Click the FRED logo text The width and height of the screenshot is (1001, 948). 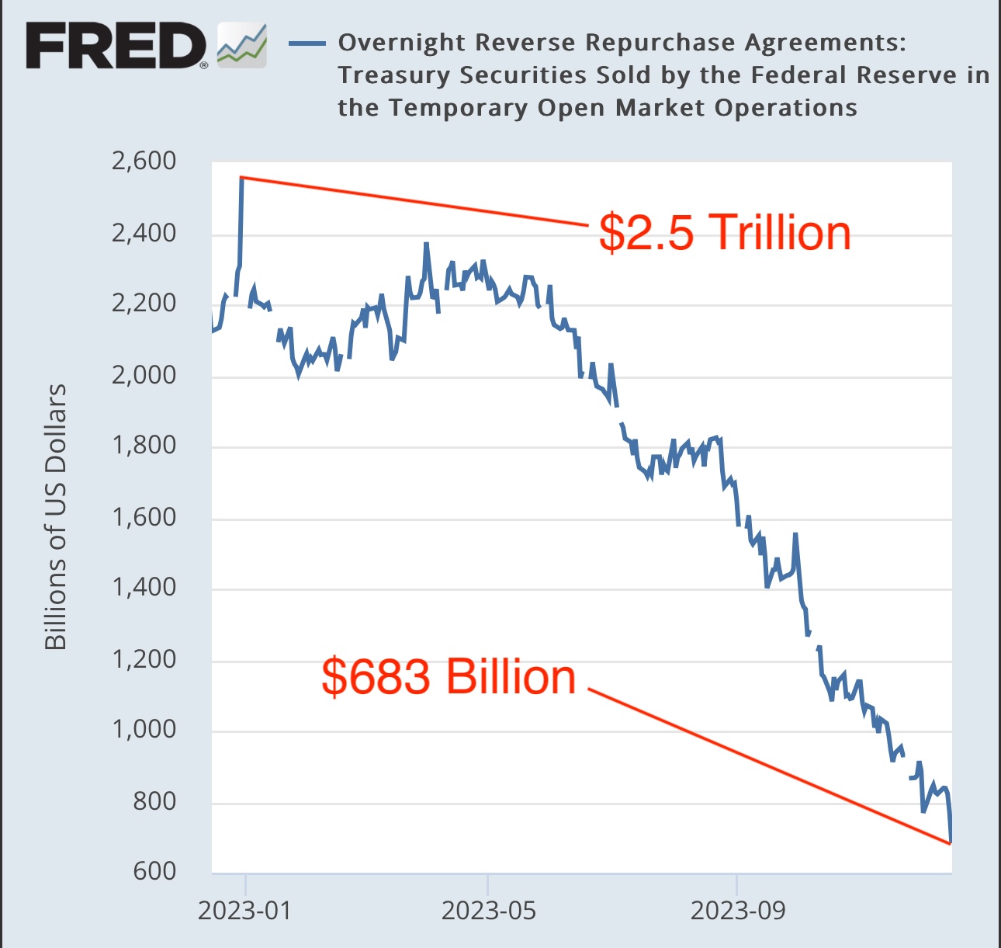click(116, 45)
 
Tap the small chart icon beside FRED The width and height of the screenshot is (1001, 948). click(242, 45)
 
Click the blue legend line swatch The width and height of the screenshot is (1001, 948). click(307, 43)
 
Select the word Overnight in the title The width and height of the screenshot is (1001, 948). click(401, 43)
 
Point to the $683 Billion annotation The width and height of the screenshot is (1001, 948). click(449, 676)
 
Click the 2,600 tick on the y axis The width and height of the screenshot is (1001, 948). click(144, 161)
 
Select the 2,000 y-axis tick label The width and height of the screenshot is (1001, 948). click(144, 375)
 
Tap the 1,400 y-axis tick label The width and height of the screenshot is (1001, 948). click(144, 587)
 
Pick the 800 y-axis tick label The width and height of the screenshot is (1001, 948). click(154, 800)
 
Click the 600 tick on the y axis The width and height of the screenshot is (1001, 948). click(154, 871)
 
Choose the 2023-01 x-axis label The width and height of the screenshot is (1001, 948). click(244, 910)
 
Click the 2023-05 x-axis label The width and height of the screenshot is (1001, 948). click(488, 910)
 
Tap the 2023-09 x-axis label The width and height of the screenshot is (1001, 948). click(737, 910)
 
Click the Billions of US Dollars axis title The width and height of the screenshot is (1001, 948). click(55, 516)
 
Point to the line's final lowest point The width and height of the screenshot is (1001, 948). click(951, 842)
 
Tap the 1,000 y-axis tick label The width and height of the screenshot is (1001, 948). click(144, 730)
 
